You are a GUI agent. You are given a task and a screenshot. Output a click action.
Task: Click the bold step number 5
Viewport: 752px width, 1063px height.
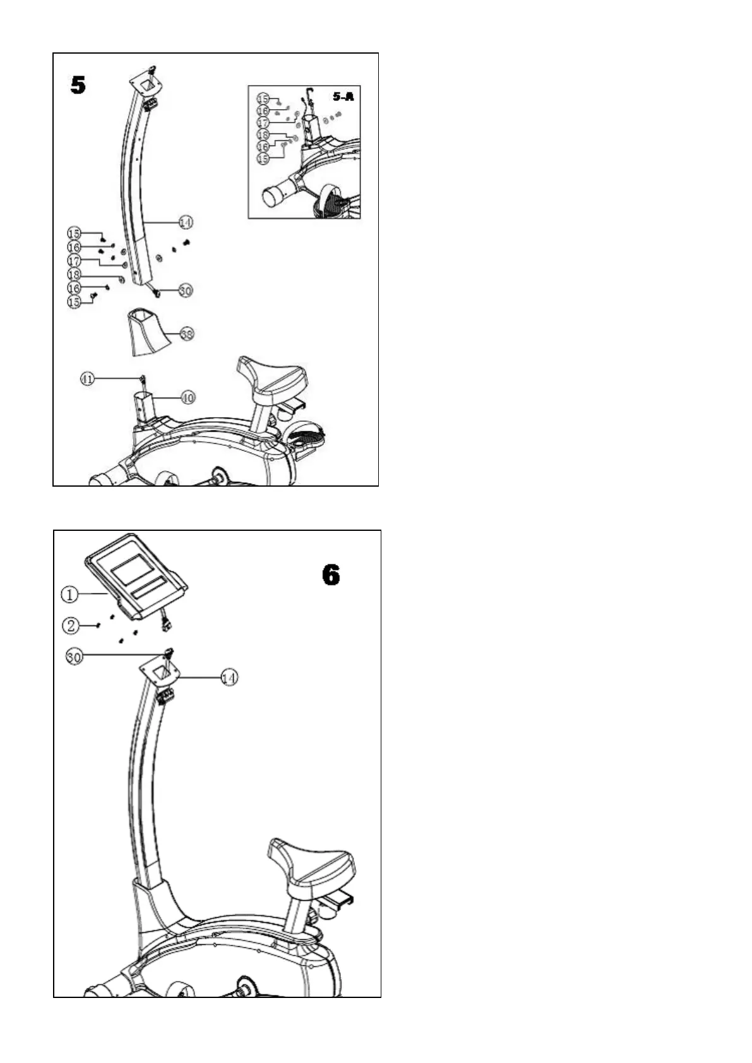point(78,85)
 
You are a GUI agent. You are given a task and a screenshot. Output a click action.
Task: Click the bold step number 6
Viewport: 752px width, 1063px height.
point(330,575)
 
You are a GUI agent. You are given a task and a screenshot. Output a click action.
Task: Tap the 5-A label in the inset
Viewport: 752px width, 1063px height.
point(343,97)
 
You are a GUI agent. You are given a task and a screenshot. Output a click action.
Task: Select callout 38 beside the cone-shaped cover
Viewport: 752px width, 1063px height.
point(187,334)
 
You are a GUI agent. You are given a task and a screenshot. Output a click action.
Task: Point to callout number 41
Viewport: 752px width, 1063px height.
point(88,379)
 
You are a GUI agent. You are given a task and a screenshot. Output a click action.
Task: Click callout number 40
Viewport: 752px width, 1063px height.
point(188,398)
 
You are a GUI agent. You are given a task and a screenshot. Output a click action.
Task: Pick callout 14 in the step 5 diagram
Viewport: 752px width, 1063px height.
point(186,222)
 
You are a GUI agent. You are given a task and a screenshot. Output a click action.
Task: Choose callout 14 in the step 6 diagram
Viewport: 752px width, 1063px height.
point(229,677)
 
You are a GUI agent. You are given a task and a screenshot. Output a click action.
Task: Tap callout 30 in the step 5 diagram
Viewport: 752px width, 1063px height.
point(185,290)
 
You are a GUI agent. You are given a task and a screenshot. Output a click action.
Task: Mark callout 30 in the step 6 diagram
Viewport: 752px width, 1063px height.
point(74,656)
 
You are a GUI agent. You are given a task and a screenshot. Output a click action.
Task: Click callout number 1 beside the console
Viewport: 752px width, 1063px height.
point(70,594)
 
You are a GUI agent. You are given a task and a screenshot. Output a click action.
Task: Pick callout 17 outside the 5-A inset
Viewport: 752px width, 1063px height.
point(75,261)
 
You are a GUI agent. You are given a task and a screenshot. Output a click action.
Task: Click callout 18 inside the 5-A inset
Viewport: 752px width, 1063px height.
point(263,135)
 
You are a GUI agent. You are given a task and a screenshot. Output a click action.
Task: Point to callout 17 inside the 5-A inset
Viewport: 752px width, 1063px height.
point(263,122)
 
